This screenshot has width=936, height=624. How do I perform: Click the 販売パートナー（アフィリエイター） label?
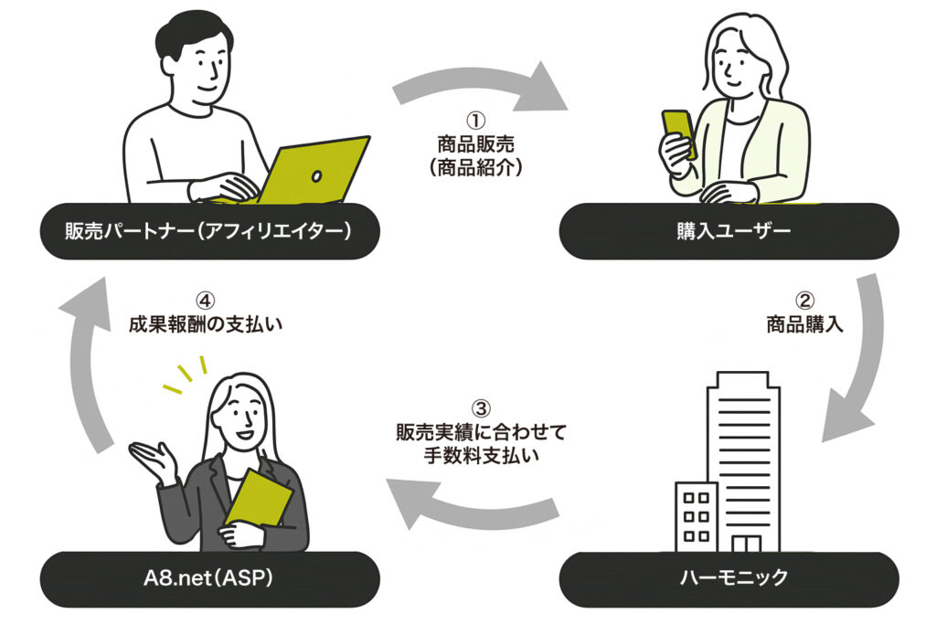click(209, 231)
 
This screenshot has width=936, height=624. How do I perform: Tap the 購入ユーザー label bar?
click(729, 231)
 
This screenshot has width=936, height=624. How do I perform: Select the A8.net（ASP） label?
click(209, 579)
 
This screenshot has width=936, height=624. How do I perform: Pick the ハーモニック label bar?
click(729, 579)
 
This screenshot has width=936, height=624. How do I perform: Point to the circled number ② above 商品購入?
click(804, 300)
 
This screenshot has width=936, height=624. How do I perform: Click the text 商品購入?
click(804, 323)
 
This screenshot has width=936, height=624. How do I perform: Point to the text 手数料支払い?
click(482, 454)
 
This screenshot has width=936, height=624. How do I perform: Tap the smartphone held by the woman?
click(678, 133)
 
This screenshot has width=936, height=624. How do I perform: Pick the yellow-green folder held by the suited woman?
click(259, 501)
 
